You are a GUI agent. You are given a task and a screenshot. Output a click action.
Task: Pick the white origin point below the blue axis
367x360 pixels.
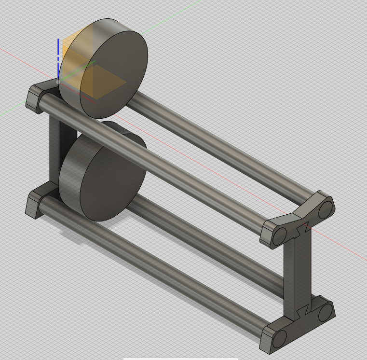58,82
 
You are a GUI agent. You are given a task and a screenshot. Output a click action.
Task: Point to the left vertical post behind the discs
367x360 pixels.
55,150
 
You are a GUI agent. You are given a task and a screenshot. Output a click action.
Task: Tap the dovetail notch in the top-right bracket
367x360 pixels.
302,227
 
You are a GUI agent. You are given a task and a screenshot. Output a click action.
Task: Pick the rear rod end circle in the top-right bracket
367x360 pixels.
326,209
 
